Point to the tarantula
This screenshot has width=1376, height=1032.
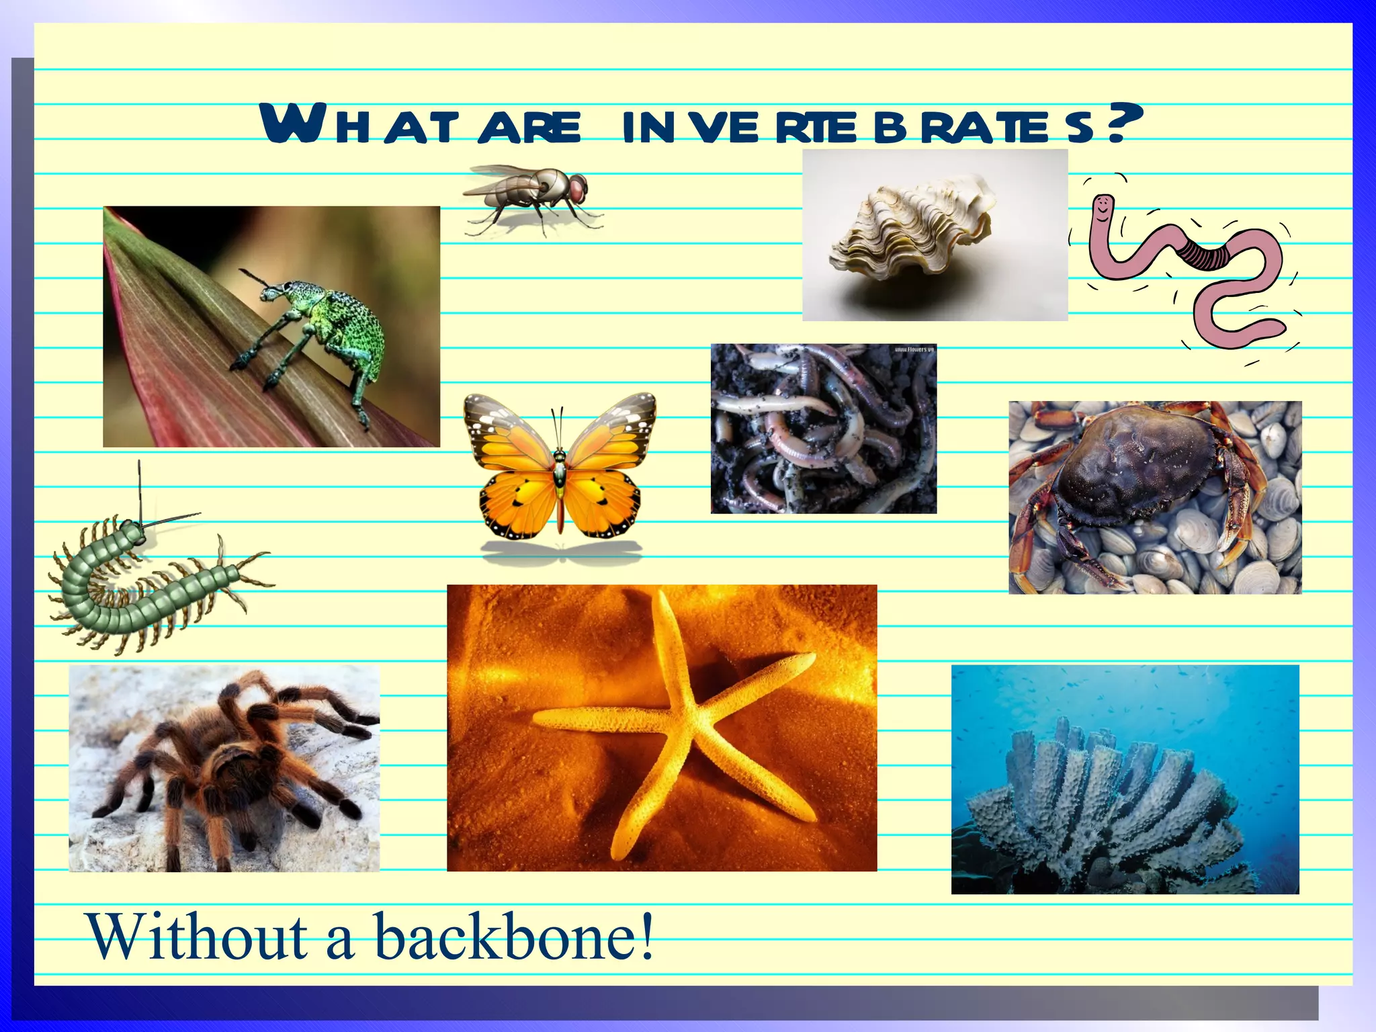coord(228,759)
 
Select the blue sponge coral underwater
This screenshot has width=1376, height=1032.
coord(1109,800)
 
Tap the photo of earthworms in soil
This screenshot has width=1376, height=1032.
coord(823,430)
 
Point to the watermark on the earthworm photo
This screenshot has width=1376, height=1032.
coord(913,349)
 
